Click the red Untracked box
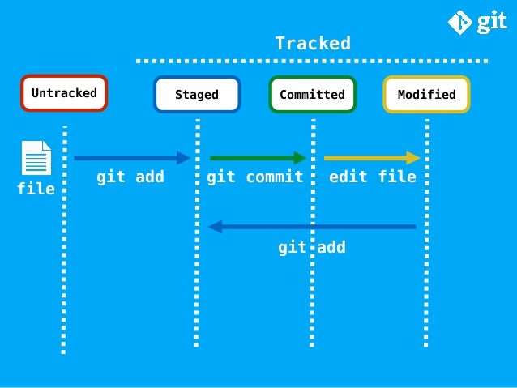(64, 93)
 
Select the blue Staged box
(197, 95)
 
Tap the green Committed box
(312, 95)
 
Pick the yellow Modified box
(426, 95)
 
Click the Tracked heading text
(312, 43)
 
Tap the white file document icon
(36, 158)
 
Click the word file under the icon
(36, 189)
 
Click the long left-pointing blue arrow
(312, 227)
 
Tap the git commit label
(255, 177)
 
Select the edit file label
(373, 177)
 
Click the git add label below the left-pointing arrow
(312, 247)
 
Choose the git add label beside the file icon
(130, 177)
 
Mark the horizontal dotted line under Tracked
(312, 61)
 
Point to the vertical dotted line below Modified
(426, 284)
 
